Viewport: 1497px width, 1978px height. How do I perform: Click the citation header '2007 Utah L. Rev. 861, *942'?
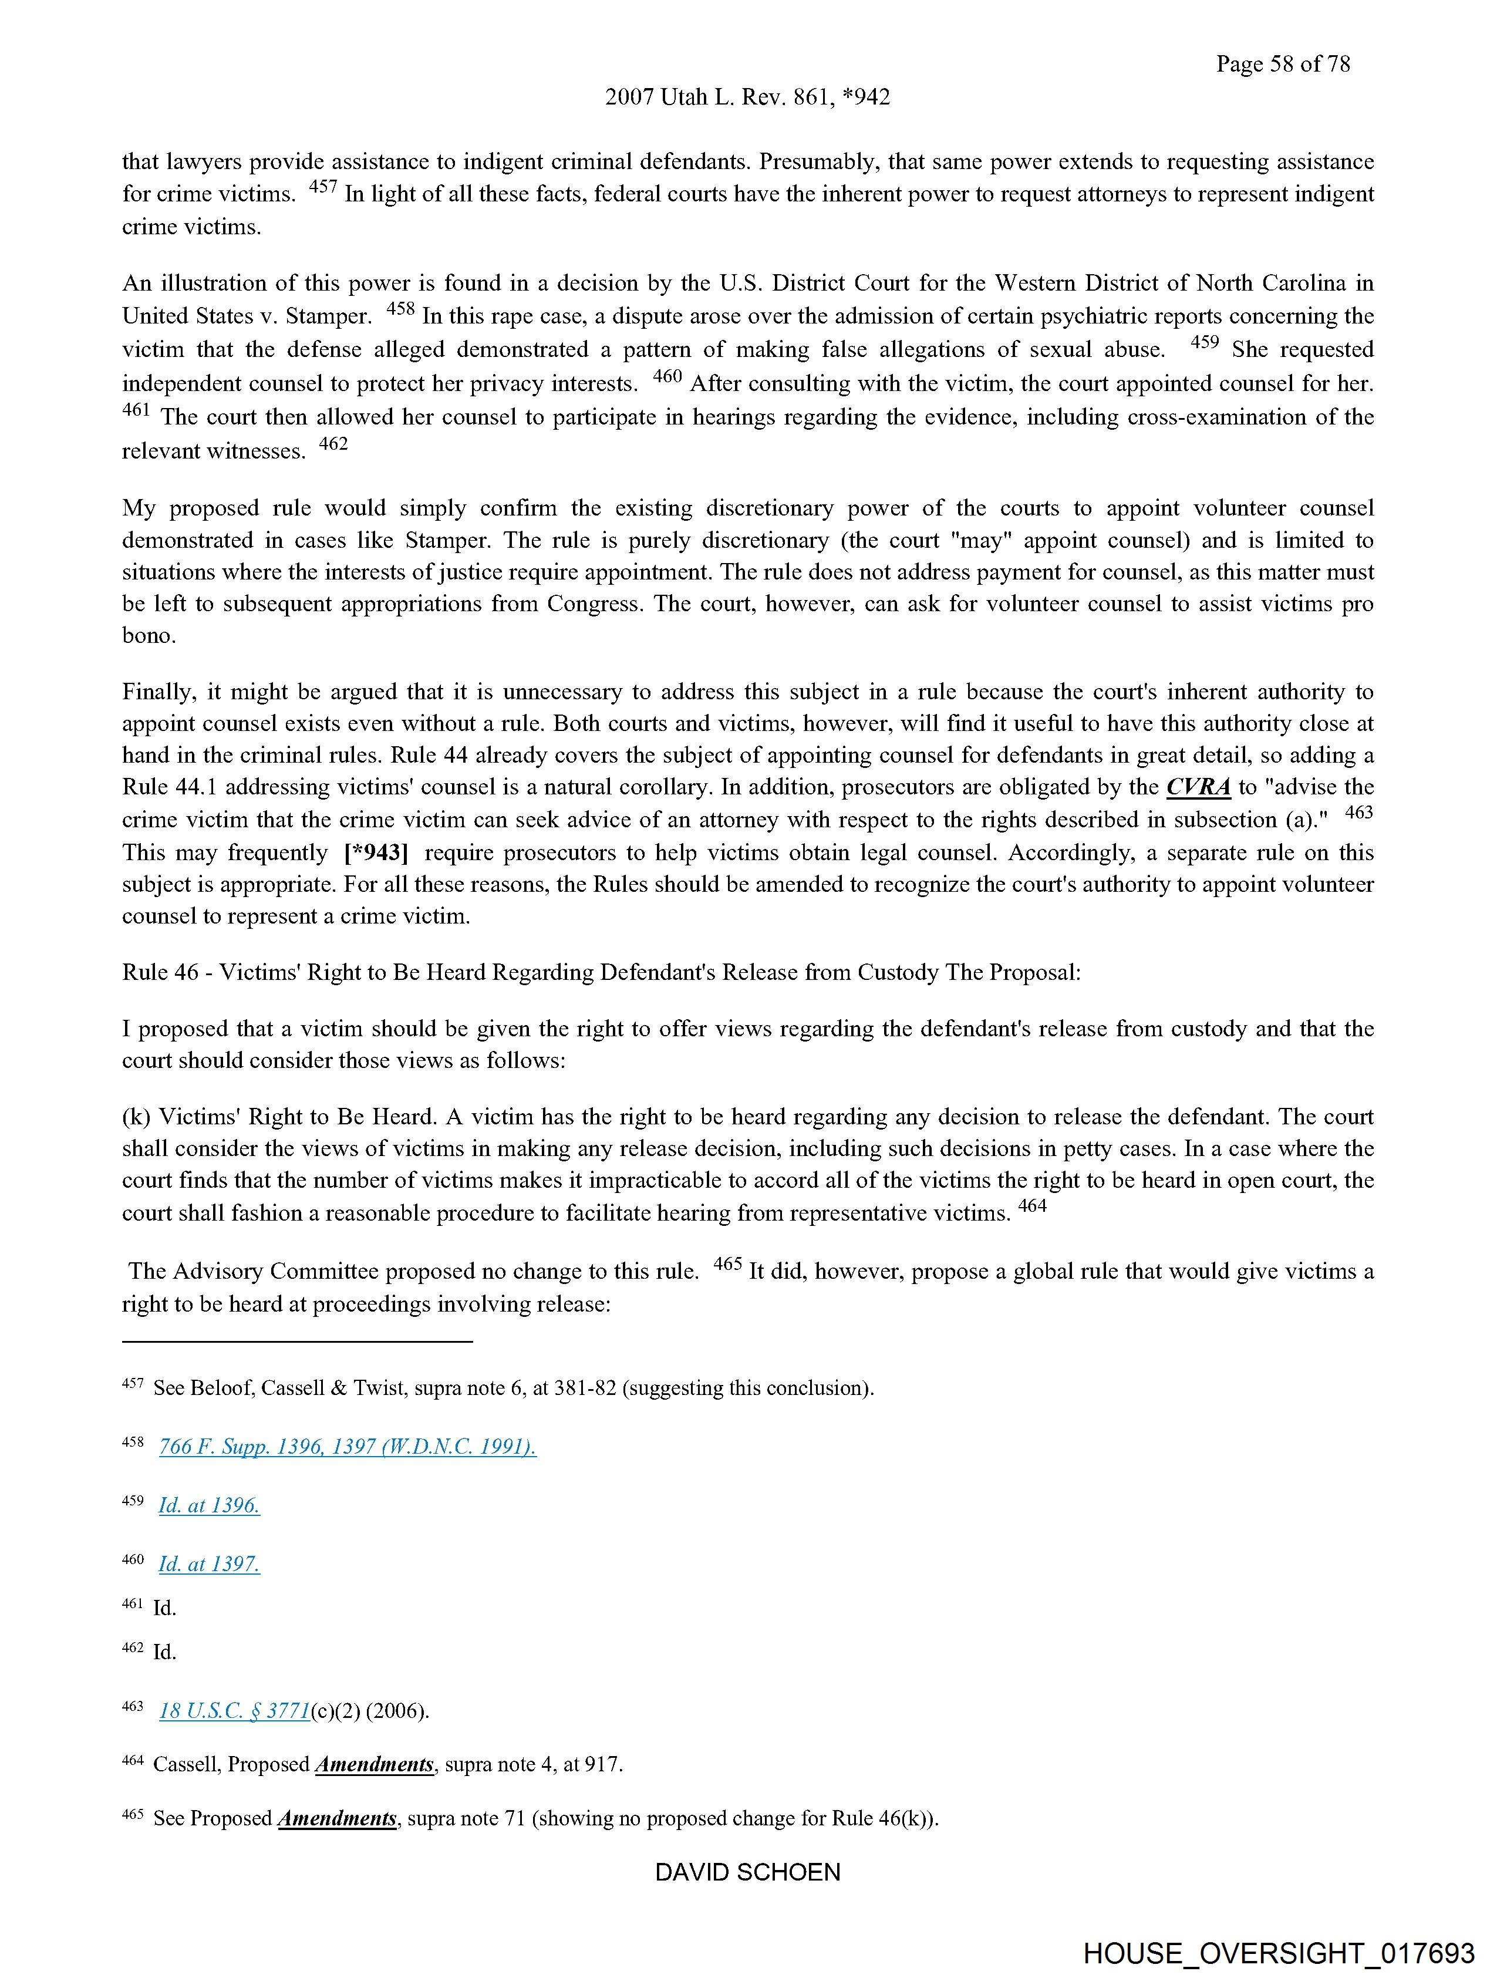point(747,97)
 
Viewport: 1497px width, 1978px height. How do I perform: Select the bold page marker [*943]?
point(376,852)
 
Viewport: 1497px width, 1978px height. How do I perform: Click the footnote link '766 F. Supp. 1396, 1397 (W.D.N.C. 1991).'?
point(348,1447)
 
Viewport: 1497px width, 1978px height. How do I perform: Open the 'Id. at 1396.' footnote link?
point(209,1505)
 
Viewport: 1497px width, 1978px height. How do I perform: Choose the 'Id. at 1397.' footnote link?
point(209,1564)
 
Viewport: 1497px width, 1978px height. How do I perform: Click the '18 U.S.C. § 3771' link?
point(234,1711)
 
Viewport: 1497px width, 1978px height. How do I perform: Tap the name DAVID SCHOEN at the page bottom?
point(747,1872)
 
